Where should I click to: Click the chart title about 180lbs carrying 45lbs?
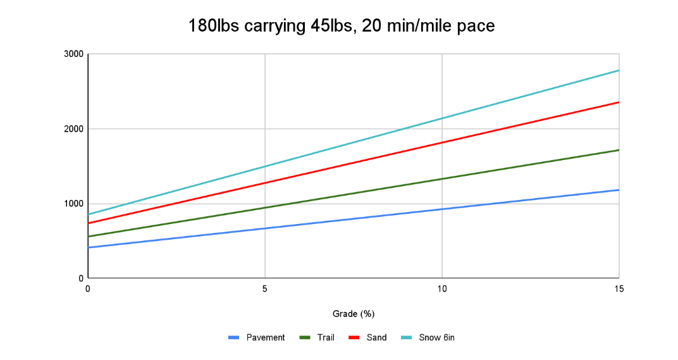coord(342,26)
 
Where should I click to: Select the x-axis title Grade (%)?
coord(354,314)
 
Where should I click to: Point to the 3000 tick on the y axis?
coord(73,54)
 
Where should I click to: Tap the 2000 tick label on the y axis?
coord(73,129)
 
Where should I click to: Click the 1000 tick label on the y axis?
coord(73,204)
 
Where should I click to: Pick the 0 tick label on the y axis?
coord(80,278)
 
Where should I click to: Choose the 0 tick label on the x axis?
coord(88,289)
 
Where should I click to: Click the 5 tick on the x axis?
coord(265,289)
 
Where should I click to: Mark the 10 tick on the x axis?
coord(441,289)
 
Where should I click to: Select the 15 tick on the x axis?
coord(619,289)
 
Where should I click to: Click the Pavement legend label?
coord(266,338)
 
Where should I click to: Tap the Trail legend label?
coord(326,338)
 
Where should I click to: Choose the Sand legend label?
coord(376,338)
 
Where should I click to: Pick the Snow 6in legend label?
coord(436,338)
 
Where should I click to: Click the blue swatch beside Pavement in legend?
coord(234,338)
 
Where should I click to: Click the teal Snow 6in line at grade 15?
coord(618,71)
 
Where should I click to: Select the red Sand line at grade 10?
coord(441,142)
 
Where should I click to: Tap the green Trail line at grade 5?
coord(265,208)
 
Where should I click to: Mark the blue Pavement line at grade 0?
coord(89,247)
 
